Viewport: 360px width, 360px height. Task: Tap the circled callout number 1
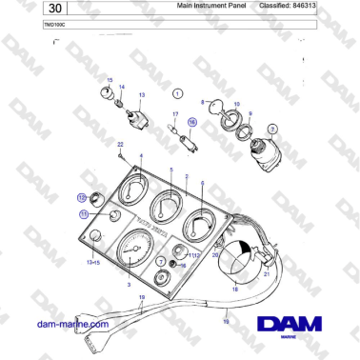[177, 94]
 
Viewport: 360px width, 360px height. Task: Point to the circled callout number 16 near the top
[191, 123]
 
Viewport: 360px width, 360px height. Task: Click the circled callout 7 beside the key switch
[271, 129]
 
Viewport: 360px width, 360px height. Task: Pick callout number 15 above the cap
[109, 82]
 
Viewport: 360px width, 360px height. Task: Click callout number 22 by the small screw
[120, 143]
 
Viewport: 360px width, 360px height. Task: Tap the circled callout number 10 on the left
[81, 197]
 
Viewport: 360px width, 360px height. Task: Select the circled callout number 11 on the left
[84, 215]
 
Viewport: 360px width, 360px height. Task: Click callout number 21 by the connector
[268, 273]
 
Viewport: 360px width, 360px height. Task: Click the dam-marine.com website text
[72, 324]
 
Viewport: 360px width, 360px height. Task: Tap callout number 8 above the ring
[203, 101]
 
